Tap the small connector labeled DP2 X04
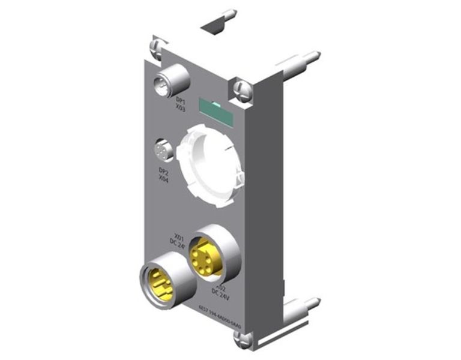(x=163, y=150)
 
